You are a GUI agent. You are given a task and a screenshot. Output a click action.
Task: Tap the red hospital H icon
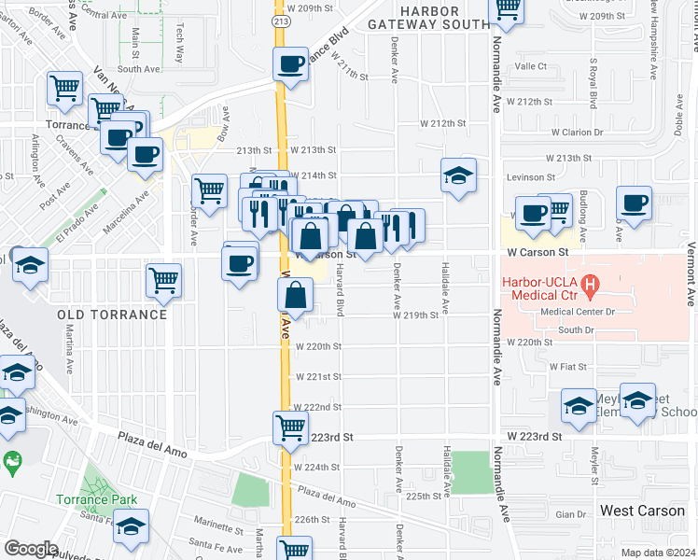[x=590, y=283]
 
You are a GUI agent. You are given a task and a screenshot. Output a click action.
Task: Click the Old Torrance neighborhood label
[x=112, y=315]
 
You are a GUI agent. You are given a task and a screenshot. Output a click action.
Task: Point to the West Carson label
[x=642, y=511]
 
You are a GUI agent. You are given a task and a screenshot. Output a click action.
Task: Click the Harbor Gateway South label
[x=425, y=18]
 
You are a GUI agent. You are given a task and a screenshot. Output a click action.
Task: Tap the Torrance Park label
[x=90, y=500]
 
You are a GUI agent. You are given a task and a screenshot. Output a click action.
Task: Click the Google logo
[x=30, y=549]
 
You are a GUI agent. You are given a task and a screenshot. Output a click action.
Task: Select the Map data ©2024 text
[x=658, y=553]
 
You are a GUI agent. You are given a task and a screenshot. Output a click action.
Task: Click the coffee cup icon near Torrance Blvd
[x=291, y=65]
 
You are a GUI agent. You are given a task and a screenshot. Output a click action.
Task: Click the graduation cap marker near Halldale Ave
[x=458, y=175]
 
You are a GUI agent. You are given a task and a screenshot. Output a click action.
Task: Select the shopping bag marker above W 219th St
[x=295, y=297]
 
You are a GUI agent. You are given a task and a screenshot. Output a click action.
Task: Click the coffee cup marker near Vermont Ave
[x=635, y=203]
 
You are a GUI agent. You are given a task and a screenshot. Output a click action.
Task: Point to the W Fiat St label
[x=567, y=367]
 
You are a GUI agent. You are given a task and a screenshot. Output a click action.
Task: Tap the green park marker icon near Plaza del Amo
[x=11, y=461]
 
